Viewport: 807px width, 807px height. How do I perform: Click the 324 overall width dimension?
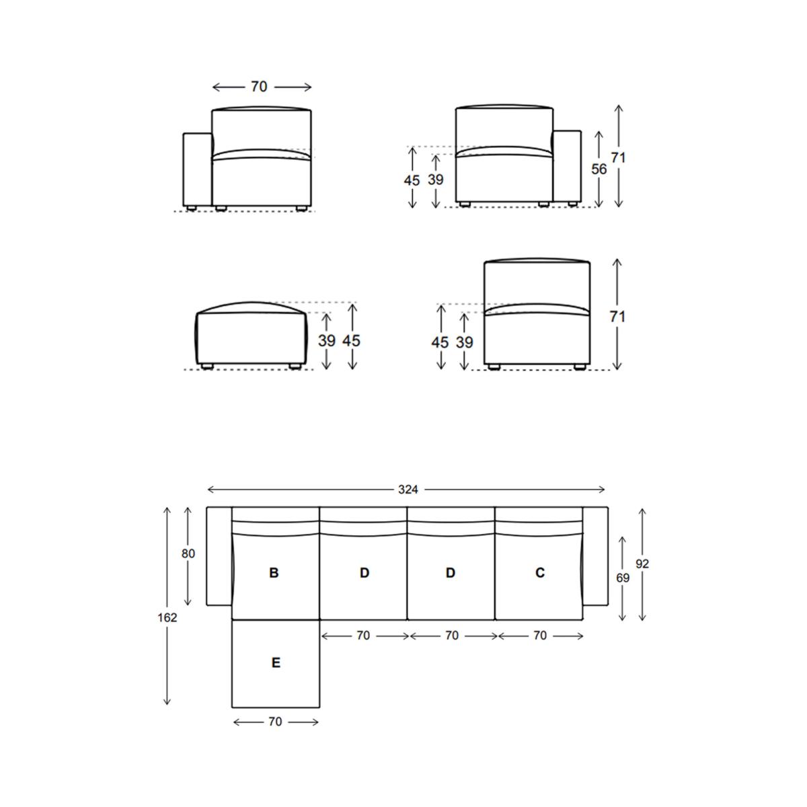click(408, 490)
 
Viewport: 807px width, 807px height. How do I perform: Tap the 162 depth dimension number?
click(167, 618)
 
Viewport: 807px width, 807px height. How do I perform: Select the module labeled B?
click(274, 572)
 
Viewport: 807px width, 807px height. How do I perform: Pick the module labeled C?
click(540, 572)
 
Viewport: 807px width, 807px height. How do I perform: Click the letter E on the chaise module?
click(276, 662)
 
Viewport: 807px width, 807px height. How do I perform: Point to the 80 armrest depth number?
click(188, 553)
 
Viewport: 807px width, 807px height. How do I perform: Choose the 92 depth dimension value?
click(642, 564)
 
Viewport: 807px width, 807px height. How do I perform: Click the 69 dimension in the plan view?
click(623, 578)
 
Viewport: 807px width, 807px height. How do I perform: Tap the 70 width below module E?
click(275, 722)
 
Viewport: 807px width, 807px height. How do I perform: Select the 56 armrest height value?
click(599, 169)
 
